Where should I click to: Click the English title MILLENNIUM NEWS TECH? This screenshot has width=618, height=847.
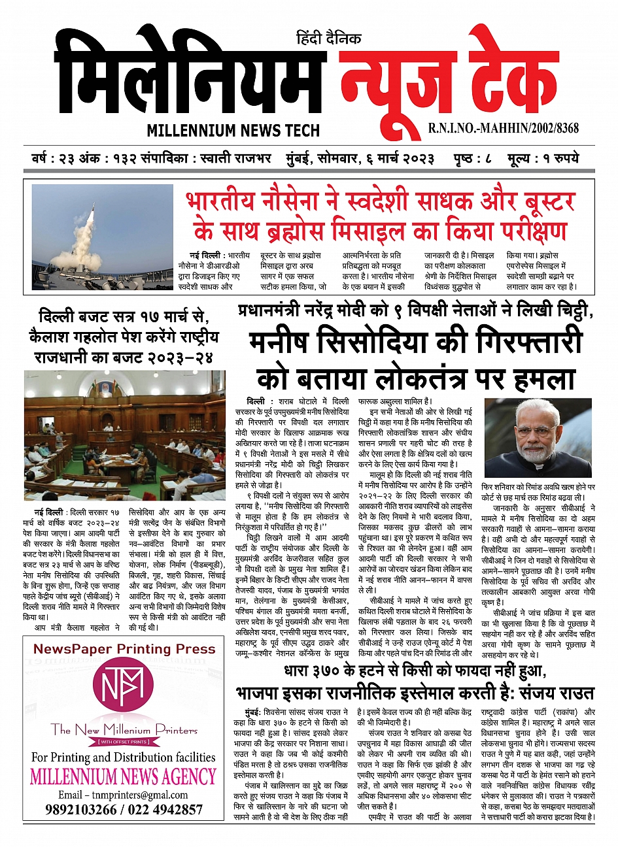tap(233, 130)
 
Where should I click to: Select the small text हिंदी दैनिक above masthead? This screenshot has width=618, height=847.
tap(328, 39)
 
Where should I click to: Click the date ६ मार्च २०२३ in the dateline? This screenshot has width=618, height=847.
tap(402, 160)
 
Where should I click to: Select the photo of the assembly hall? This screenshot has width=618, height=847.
tap(124, 435)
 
